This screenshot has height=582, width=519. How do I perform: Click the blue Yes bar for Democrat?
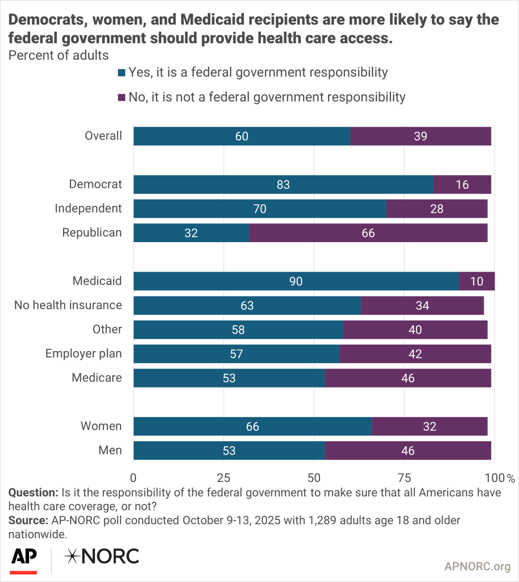[283, 185]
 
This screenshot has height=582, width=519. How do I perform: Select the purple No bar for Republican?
[368, 233]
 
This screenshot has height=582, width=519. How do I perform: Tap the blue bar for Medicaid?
[296, 281]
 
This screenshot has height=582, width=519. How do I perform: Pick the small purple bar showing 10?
[476, 281]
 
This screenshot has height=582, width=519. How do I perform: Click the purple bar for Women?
[429, 426]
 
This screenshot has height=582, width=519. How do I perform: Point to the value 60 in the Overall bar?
[242, 136]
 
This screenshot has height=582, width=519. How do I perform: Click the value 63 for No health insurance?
[247, 306]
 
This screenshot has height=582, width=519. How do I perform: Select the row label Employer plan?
[84, 354]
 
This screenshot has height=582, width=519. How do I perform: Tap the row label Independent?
[88, 208]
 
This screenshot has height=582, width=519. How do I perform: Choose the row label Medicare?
[97, 377]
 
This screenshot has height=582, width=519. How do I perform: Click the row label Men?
[111, 450]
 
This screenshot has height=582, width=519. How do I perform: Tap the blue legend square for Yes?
[121, 73]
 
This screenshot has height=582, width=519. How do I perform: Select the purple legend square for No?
[121, 97]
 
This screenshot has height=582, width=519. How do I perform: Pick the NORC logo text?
[102, 556]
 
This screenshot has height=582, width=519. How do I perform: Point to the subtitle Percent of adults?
[57, 56]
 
